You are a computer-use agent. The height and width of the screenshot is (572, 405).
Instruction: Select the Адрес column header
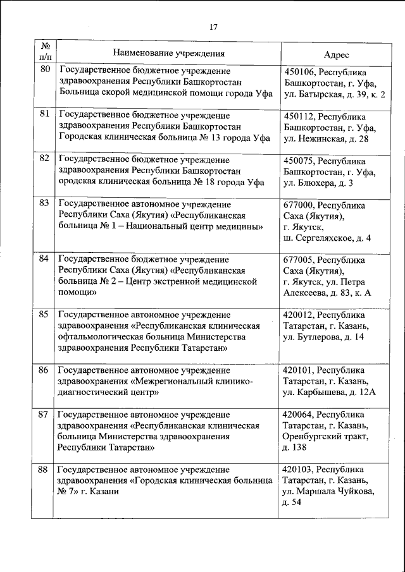point(336,56)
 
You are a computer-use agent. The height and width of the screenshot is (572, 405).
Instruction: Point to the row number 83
point(44,203)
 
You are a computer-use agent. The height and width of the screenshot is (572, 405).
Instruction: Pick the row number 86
point(44,370)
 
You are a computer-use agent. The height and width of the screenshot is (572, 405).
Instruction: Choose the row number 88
point(44,470)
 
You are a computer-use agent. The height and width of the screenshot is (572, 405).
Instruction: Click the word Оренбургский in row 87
point(315,436)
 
